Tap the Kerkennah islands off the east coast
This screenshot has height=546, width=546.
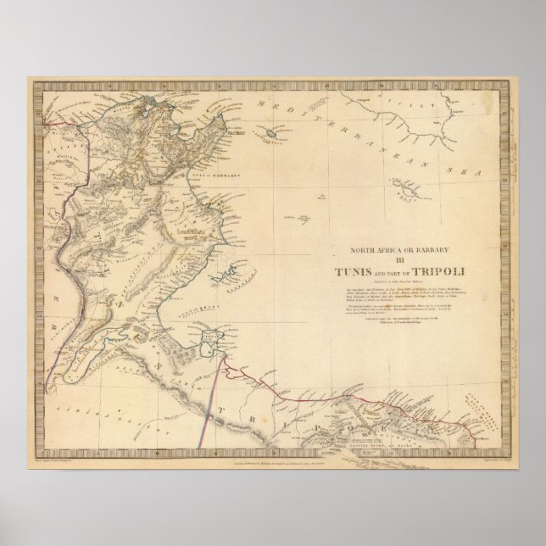coord(222,276)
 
